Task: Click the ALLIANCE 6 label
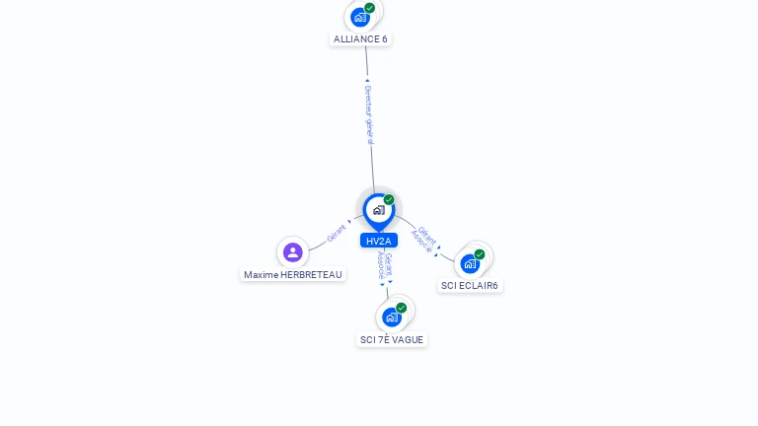[360, 39]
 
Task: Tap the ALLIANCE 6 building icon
[360, 17]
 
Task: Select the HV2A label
[379, 241]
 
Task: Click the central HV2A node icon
[378, 210]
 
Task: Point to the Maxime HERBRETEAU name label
[293, 275]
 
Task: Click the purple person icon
[293, 252]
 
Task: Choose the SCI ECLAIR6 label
[470, 285]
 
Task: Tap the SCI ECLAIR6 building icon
[470, 263]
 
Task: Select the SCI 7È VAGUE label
[392, 339]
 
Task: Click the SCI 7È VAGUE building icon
[392, 317]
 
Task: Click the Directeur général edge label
[368, 114]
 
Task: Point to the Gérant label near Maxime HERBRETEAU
[338, 234]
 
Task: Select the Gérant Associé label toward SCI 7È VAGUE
[386, 267]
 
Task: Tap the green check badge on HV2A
[389, 200]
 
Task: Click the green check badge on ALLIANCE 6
[369, 8]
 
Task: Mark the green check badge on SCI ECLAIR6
[480, 254]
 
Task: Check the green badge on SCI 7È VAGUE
[401, 308]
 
